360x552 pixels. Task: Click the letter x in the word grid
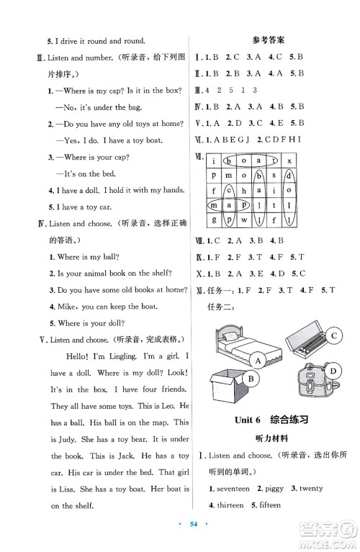[x=288, y=160]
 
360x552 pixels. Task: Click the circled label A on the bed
[x=256, y=358]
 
